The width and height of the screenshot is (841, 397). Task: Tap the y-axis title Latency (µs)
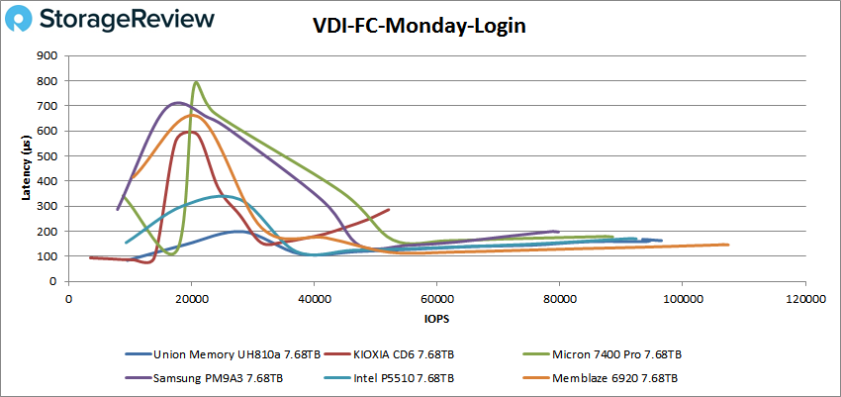click(x=27, y=168)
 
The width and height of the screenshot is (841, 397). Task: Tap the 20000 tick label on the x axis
click(x=191, y=297)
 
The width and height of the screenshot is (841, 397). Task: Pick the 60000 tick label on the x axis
click(x=436, y=297)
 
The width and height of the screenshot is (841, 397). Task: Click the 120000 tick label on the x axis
click(x=803, y=297)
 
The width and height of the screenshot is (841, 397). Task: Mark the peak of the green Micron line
click(x=196, y=82)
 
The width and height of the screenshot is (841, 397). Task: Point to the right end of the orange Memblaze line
click(x=727, y=245)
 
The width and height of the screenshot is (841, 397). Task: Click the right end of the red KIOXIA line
click(x=389, y=209)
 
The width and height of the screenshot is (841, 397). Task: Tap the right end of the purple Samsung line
click(x=559, y=232)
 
